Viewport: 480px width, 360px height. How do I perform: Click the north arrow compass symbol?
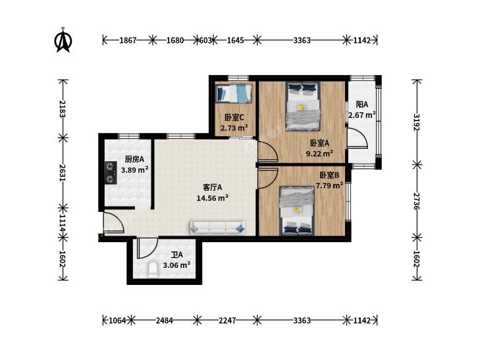pos(63,40)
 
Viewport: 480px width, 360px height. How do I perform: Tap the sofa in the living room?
pos(218,227)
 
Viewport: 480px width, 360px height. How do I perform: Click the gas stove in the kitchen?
pos(111,173)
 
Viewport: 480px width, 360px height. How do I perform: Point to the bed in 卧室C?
pos(234,93)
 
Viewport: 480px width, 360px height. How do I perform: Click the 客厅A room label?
pos(213,187)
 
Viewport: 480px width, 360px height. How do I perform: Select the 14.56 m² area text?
pos(213,198)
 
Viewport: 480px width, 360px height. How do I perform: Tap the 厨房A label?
pos(134,159)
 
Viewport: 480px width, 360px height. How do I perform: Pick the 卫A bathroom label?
pos(176,255)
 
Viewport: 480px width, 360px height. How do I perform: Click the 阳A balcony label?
pos(362,105)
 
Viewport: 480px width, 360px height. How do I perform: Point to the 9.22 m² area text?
pos(319,153)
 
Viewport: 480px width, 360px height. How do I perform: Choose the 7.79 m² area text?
pos(329,186)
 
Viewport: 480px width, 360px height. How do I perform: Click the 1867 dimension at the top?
pos(128,40)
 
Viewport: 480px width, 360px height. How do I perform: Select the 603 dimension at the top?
pos(205,40)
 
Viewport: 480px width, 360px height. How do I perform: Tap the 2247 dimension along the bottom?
pos(227,321)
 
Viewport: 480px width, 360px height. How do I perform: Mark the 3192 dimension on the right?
pos(417,122)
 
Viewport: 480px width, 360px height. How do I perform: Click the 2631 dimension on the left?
pos(63,172)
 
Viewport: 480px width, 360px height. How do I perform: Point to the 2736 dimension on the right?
pos(417,201)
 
